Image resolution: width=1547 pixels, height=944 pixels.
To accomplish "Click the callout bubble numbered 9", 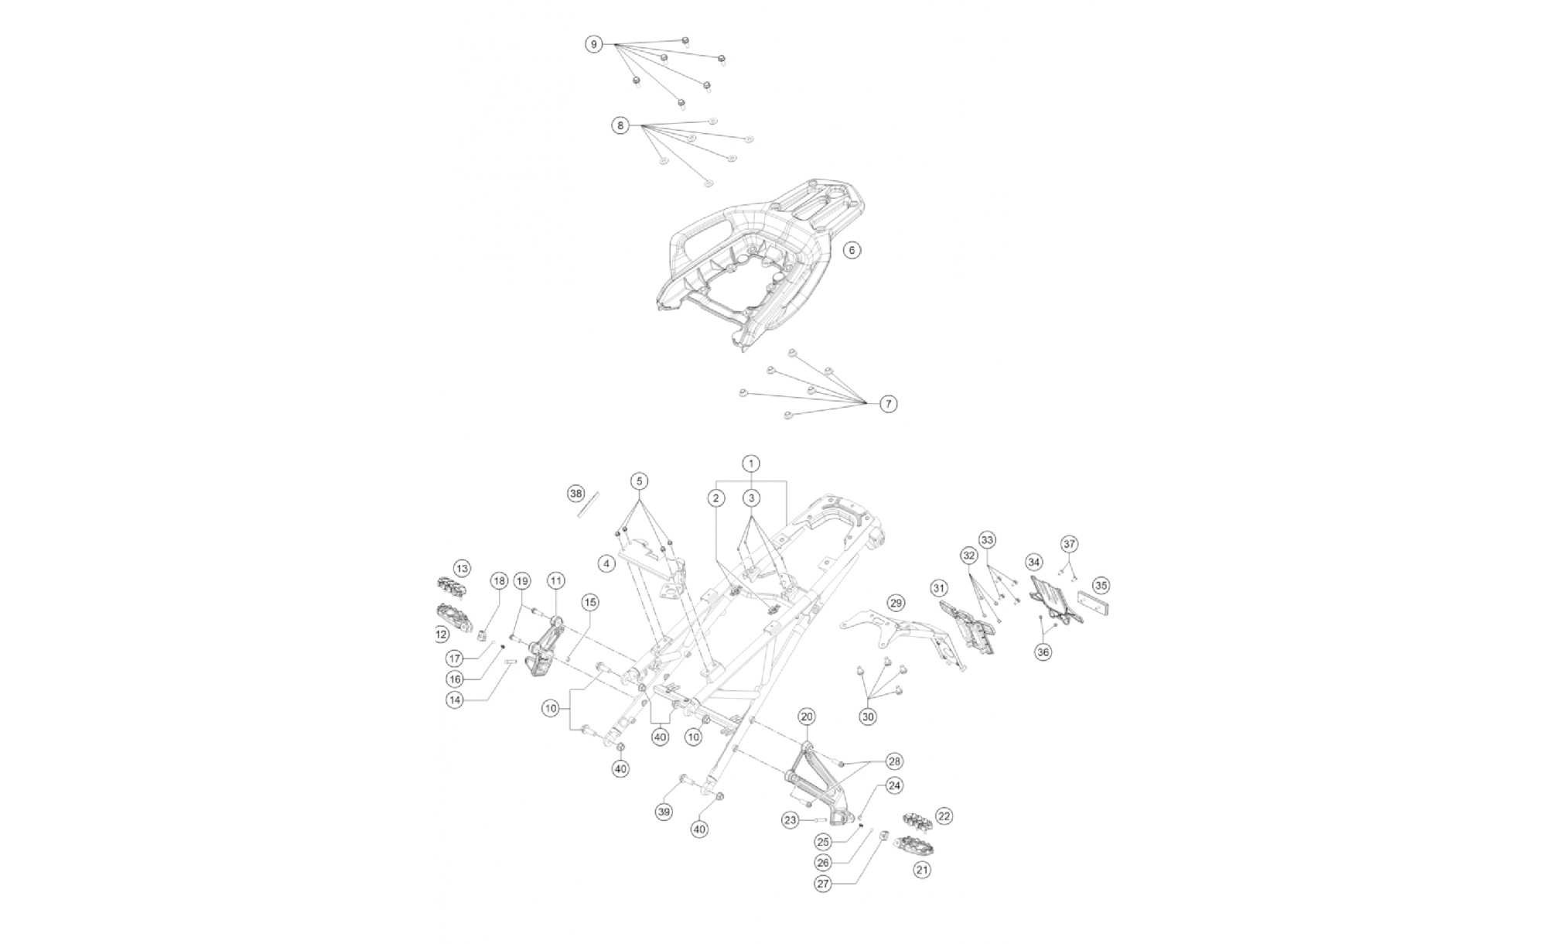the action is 593,44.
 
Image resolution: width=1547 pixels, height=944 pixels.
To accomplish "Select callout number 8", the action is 620,125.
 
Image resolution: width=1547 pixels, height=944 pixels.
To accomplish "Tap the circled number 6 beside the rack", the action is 852,250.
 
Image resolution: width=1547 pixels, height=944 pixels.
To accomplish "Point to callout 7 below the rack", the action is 889,403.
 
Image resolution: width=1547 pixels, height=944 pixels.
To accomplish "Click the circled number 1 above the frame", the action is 750,463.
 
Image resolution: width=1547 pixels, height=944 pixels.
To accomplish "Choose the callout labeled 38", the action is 575,493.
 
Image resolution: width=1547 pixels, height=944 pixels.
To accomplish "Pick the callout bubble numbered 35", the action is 1101,585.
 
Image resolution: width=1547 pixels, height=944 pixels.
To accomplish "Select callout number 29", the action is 895,603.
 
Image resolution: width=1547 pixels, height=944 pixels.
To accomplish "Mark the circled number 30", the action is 868,717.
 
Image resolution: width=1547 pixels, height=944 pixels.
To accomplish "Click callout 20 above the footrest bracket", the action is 807,717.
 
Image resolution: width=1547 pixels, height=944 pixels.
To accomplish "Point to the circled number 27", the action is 823,884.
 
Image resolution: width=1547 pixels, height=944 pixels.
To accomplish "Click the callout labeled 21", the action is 921,870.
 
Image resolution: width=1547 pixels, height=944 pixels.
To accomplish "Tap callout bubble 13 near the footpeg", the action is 462,569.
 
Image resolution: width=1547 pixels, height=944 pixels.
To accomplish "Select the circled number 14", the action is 455,699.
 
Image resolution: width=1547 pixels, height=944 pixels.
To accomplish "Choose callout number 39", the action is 664,811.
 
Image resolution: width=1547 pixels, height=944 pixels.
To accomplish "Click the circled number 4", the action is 606,563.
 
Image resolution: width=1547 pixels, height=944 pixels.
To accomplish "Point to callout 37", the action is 1069,544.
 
